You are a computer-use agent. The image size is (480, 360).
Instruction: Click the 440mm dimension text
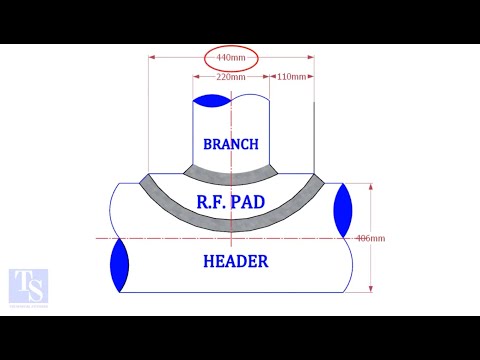231,58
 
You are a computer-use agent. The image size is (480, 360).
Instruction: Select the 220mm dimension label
231,77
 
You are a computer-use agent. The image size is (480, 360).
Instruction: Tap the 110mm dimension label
291,77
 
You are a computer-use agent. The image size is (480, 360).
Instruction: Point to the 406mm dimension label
370,238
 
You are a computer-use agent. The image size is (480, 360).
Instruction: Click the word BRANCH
231,144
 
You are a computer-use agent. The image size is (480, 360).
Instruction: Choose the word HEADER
235,262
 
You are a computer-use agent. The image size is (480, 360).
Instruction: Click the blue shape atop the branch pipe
214,100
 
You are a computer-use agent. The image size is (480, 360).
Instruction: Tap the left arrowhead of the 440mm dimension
153,58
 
